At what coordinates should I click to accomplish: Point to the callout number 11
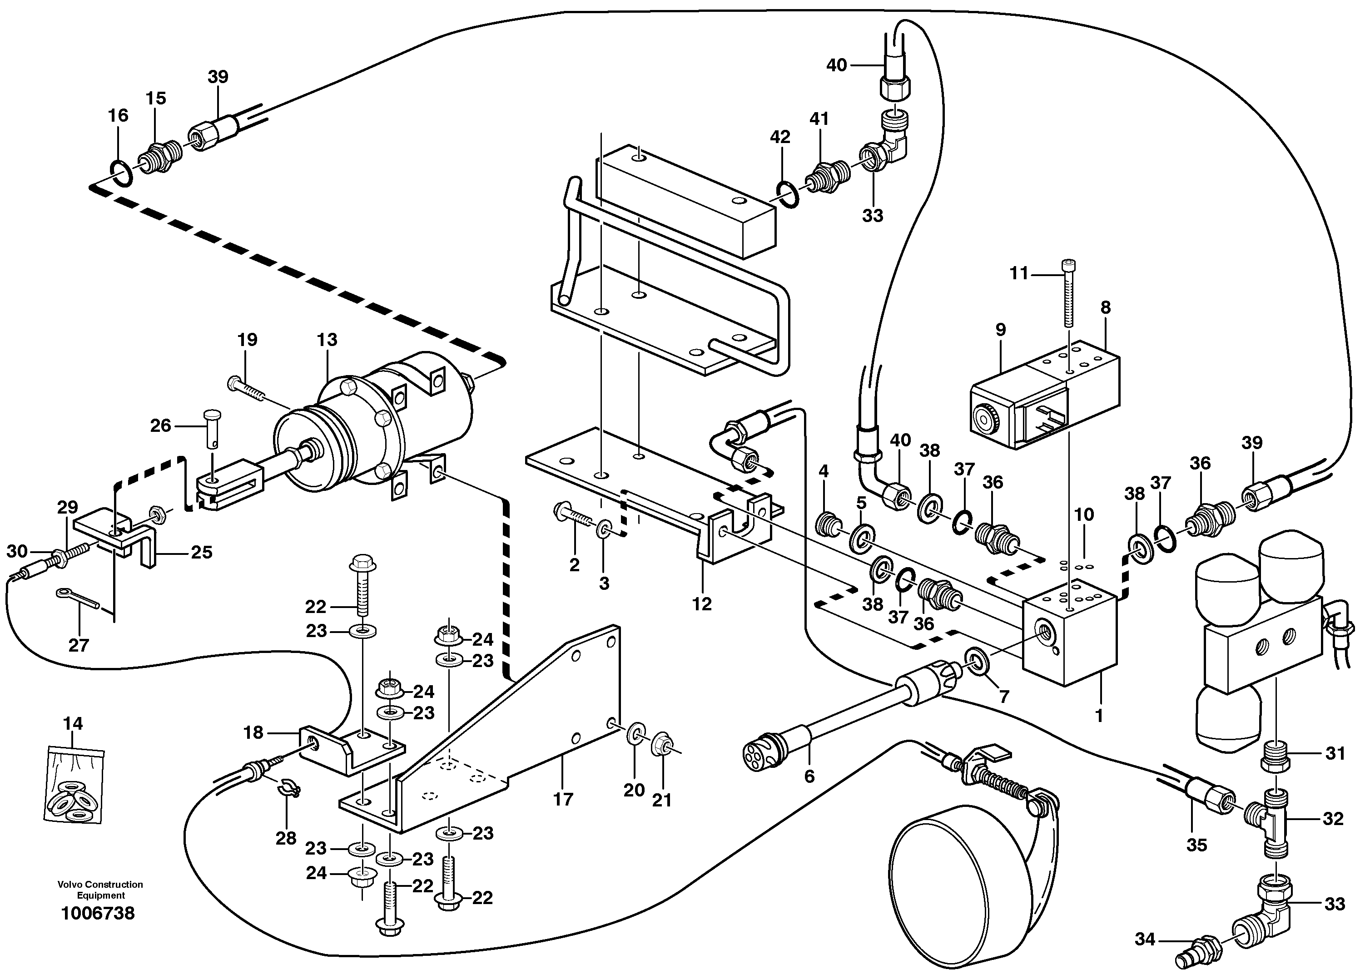(x=1018, y=274)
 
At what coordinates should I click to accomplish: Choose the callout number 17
(x=563, y=799)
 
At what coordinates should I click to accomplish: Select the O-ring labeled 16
(x=121, y=174)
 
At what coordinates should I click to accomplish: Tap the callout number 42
(x=780, y=137)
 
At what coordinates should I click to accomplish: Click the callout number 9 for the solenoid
(x=1000, y=330)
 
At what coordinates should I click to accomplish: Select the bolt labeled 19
(x=248, y=387)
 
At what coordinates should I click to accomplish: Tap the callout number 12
(x=702, y=603)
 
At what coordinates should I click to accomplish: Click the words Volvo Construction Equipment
(x=100, y=890)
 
